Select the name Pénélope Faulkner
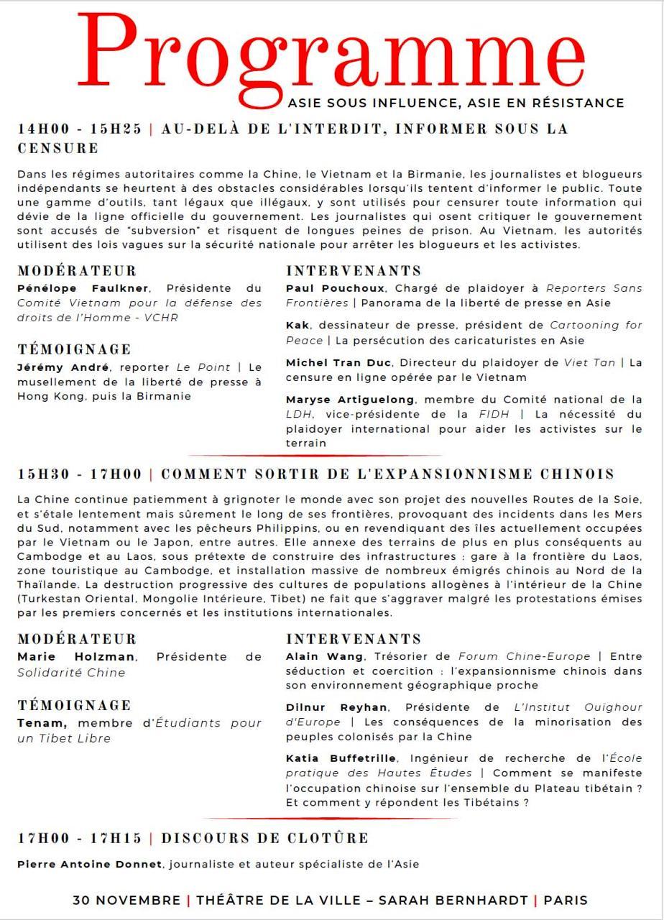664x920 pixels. click(x=83, y=288)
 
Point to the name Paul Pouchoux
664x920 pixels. click(x=335, y=288)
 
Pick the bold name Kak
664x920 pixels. click(x=298, y=326)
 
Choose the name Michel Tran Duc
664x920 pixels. click(x=339, y=363)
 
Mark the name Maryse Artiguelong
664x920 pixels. click(x=350, y=400)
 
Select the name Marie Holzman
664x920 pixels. click(x=75, y=656)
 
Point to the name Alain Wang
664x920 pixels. click(x=324, y=656)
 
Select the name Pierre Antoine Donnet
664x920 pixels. click(x=90, y=865)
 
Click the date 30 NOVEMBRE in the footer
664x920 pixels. click(x=126, y=901)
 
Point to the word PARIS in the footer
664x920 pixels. click(x=566, y=901)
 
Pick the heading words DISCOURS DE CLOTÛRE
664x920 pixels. click(x=264, y=839)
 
